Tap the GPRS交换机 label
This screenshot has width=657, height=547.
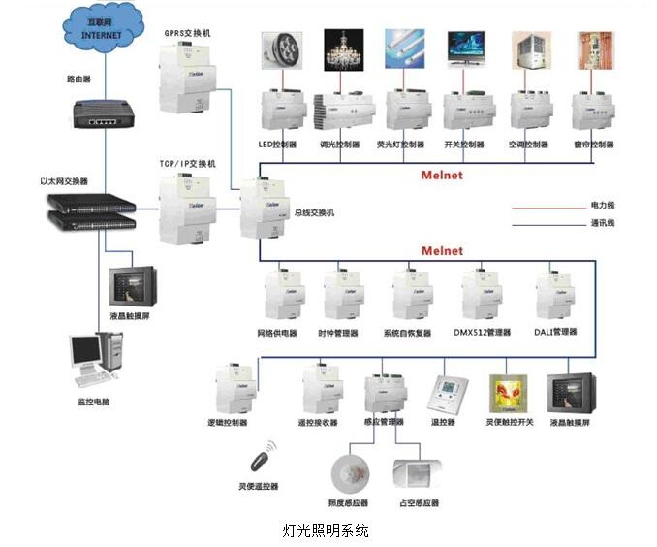(187, 34)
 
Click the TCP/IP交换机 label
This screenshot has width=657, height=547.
(187, 164)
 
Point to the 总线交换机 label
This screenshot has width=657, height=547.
(313, 212)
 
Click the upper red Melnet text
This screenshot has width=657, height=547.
(441, 176)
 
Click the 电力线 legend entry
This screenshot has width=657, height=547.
(602, 206)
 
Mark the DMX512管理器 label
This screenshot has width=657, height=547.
(482, 333)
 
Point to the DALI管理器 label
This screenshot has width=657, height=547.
(556, 332)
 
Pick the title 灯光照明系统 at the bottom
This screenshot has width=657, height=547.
(326, 531)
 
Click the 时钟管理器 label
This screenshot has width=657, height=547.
(337, 333)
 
